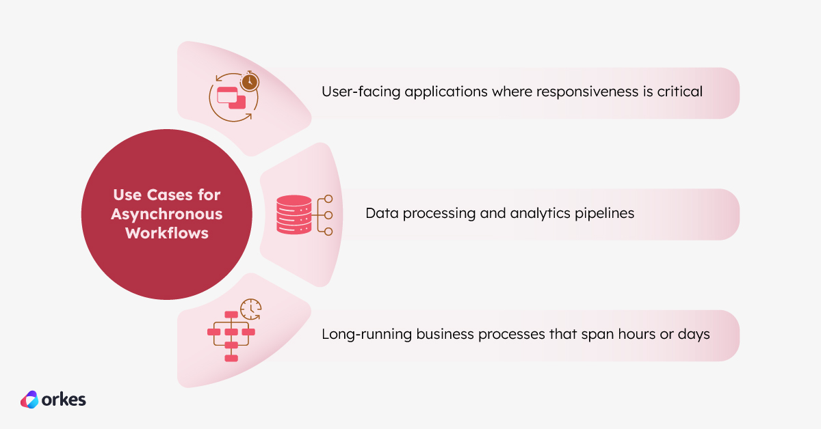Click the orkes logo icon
coord(30,400)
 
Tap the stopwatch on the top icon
coord(250,81)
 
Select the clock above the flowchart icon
coord(251,309)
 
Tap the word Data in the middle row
coord(381,213)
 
